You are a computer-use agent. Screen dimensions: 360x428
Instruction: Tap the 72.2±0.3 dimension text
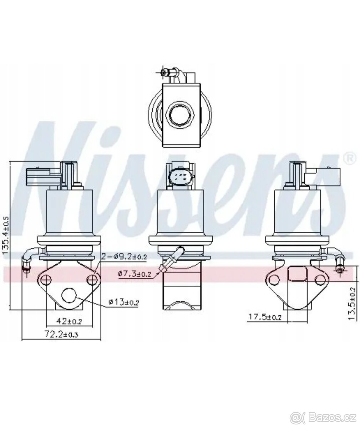(x=61, y=335)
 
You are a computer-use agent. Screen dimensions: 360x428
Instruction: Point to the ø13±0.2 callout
(x=124, y=302)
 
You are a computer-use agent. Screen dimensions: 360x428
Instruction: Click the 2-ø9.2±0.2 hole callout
(x=124, y=257)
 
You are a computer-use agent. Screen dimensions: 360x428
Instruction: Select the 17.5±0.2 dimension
(x=265, y=317)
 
